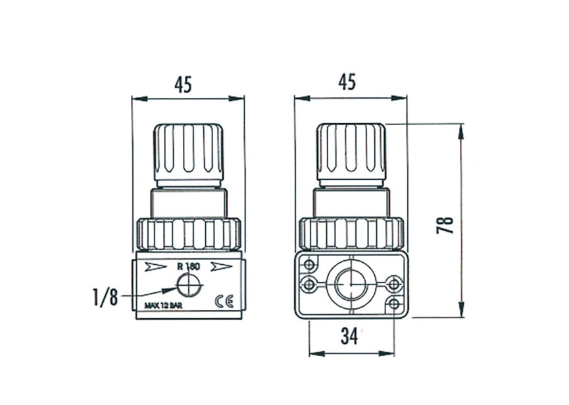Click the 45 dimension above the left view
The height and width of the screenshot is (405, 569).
(x=183, y=84)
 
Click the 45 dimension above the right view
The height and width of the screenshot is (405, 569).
(x=347, y=82)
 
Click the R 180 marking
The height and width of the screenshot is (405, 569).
(x=188, y=267)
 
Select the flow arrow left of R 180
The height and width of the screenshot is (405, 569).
(x=156, y=267)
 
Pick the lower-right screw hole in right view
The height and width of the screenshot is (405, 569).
(x=393, y=304)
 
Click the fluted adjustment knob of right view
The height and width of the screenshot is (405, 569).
(x=351, y=151)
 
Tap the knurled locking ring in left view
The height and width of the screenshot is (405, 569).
(x=188, y=232)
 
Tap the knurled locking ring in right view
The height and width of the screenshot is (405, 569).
(x=351, y=232)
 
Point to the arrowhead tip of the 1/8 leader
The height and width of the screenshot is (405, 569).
(x=176, y=288)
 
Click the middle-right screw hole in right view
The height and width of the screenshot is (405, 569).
(x=393, y=284)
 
